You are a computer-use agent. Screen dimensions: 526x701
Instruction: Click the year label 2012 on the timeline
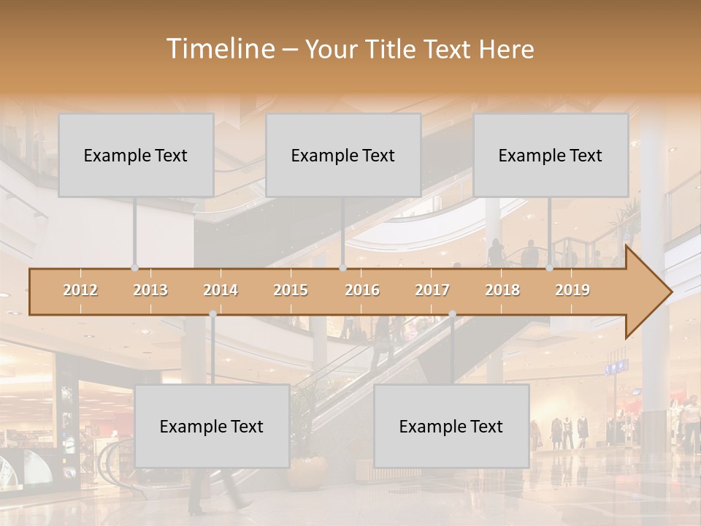pyautogui.click(x=80, y=290)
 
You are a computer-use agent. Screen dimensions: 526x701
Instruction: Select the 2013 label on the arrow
pyautogui.click(x=150, y=290)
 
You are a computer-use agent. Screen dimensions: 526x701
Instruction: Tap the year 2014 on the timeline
pyautogui.click(x=221, y=290)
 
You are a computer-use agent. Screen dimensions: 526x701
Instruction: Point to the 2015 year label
pyautogui.click(x=291, y=290)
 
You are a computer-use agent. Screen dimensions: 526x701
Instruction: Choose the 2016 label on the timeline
pyautogui.click(x=362, y=290)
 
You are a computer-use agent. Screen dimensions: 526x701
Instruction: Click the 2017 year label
pyautogui.click(x=432, y=290)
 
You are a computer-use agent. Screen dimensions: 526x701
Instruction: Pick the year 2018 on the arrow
pyautogui.click(x=502, y=290)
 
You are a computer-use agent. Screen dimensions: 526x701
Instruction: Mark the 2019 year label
pyautogui.click(x=572, y=290)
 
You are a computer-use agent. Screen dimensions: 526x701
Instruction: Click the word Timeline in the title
pyautogui.click(x=218, y=49)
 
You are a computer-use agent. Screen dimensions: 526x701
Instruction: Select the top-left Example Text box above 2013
pyautogui.click(x=136, y=155)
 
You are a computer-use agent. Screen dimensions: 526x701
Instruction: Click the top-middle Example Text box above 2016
pyautogui.click(x=343, y=155)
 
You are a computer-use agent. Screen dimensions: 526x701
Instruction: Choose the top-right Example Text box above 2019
pyautogui.click(x=551, y=155)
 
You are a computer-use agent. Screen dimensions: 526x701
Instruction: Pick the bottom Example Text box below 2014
pyautogui.click(x=212, y=426)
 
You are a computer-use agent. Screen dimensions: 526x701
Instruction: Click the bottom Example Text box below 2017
pyautogui.click(x=451, y=426)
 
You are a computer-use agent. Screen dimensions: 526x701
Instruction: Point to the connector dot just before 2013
pyautogui.click(x=134, y=267)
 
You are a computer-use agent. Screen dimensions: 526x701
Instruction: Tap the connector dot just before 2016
pyautogui.click(x=342, y=267)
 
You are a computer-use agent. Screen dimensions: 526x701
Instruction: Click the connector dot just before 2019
pyautogui.click(x=550, y=267)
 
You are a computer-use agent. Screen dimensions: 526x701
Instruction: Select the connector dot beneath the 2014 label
pyautogui.click(x=212, y=313)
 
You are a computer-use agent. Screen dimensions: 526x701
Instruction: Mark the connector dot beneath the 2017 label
pyautogui.click(x=452, y=313)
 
